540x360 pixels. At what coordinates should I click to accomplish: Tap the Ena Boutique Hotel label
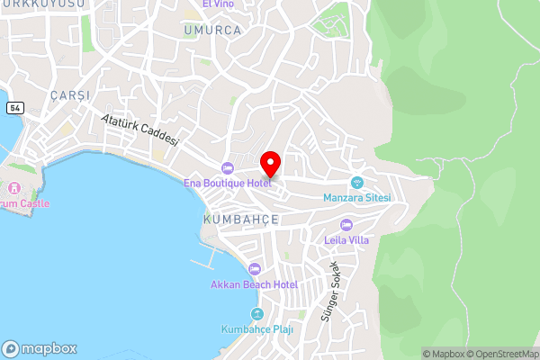point(227,184)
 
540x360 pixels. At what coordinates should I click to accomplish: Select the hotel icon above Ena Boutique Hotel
point(227,168)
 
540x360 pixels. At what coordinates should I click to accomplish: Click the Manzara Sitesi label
point(356,198)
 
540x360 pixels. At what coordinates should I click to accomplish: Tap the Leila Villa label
point(346,239)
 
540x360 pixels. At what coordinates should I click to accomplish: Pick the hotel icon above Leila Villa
point(346,225)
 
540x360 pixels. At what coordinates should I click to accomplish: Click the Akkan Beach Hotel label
point(254,284)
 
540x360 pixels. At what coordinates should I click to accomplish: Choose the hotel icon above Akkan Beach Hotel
point(254,269)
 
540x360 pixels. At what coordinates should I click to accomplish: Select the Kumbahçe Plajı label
point(256,328)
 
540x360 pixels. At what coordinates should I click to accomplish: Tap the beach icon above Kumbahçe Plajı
point(256,313)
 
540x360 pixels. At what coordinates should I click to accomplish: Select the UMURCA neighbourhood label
point(212,30)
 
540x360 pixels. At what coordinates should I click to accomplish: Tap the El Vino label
point(218,4)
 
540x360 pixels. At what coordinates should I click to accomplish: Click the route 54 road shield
point(14,107)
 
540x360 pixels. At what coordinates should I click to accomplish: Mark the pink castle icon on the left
point(14,188)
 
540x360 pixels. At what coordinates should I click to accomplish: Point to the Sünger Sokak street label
point(329,292)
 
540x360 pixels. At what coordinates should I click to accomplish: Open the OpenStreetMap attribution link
point(500,354)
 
